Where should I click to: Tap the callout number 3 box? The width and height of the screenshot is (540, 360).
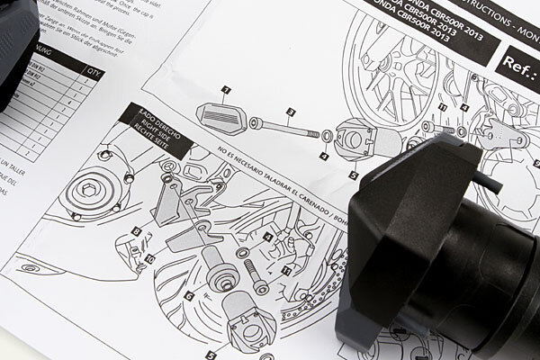(291, 112)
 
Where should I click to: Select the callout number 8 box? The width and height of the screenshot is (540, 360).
(136, 231)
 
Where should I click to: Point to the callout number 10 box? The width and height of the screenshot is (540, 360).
(150, 258)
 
